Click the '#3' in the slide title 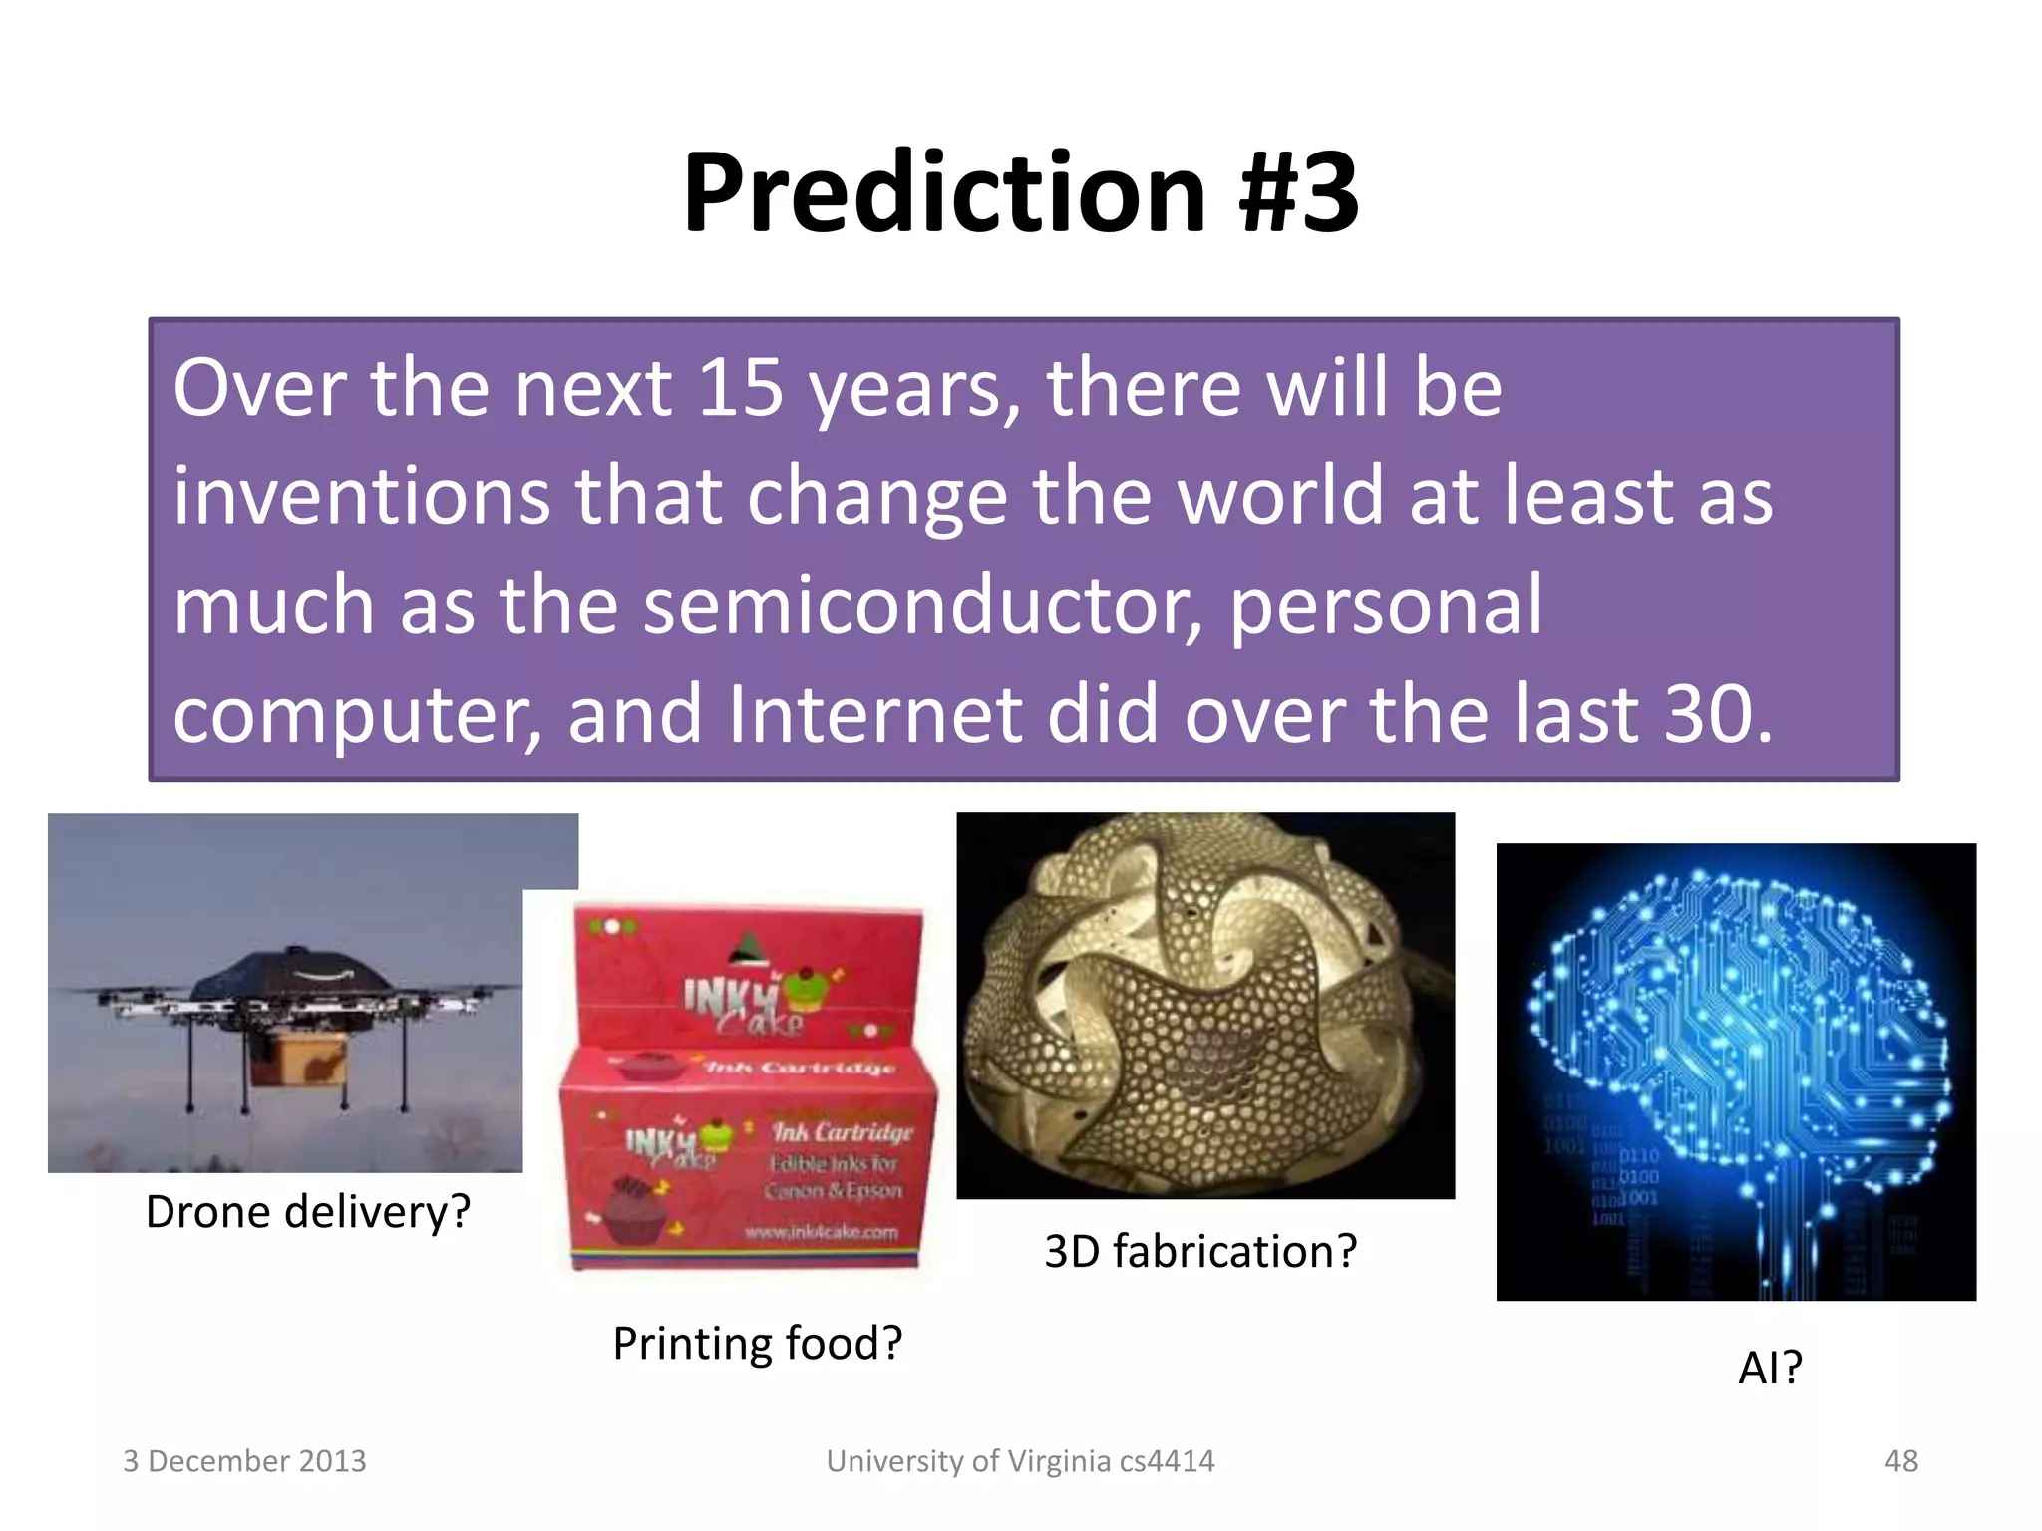pos(1298,192)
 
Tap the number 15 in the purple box pos(740,388)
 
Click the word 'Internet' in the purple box pos(874,714)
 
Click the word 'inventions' pos(362,496)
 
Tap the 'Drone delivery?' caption pos(307,1212)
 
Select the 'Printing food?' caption pos(757,1343)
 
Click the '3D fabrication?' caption pos(1200,1251)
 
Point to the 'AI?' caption pos(1770,1368)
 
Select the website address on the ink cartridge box pos(821,1232)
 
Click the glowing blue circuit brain pos(1735,1037)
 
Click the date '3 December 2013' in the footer pos(244,1461)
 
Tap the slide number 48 pos(1900,1461)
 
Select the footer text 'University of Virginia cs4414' pos(1020,1461)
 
